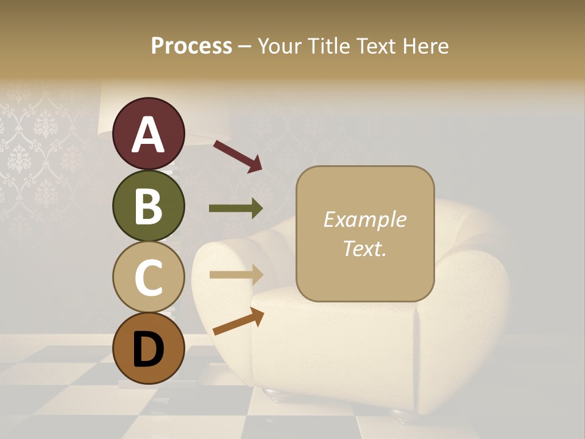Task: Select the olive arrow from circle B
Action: tap(236, 209)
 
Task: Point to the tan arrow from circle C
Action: tap(236, 274)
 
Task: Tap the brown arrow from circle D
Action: tap(238, 321)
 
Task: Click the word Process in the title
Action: tap(191, 46)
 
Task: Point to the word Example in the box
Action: tap(365, 220)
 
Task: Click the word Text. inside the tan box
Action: tap(365, 248)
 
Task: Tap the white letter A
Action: tap(148, 135)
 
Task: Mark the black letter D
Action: tap(148, 349)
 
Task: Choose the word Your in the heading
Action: tap(280, 46)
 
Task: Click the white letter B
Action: tap(148, 207)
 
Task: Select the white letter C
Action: tap(148, 278)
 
